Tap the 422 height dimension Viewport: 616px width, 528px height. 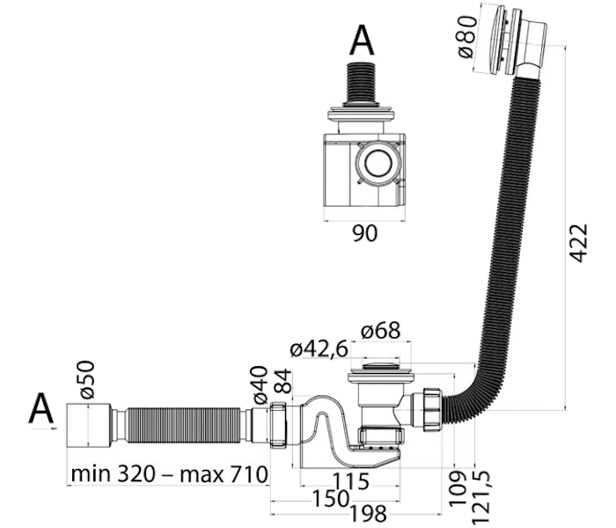(579, 243)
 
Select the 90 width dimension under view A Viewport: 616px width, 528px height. (364, 233)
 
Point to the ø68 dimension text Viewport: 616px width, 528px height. (381, 330)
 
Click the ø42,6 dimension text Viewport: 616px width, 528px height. (319, 349)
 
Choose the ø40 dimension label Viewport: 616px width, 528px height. (260, 385)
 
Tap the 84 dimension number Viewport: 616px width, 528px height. (283, 381)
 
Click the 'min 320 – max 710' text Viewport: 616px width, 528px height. (169, 474)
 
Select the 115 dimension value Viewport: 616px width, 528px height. (351, 480)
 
